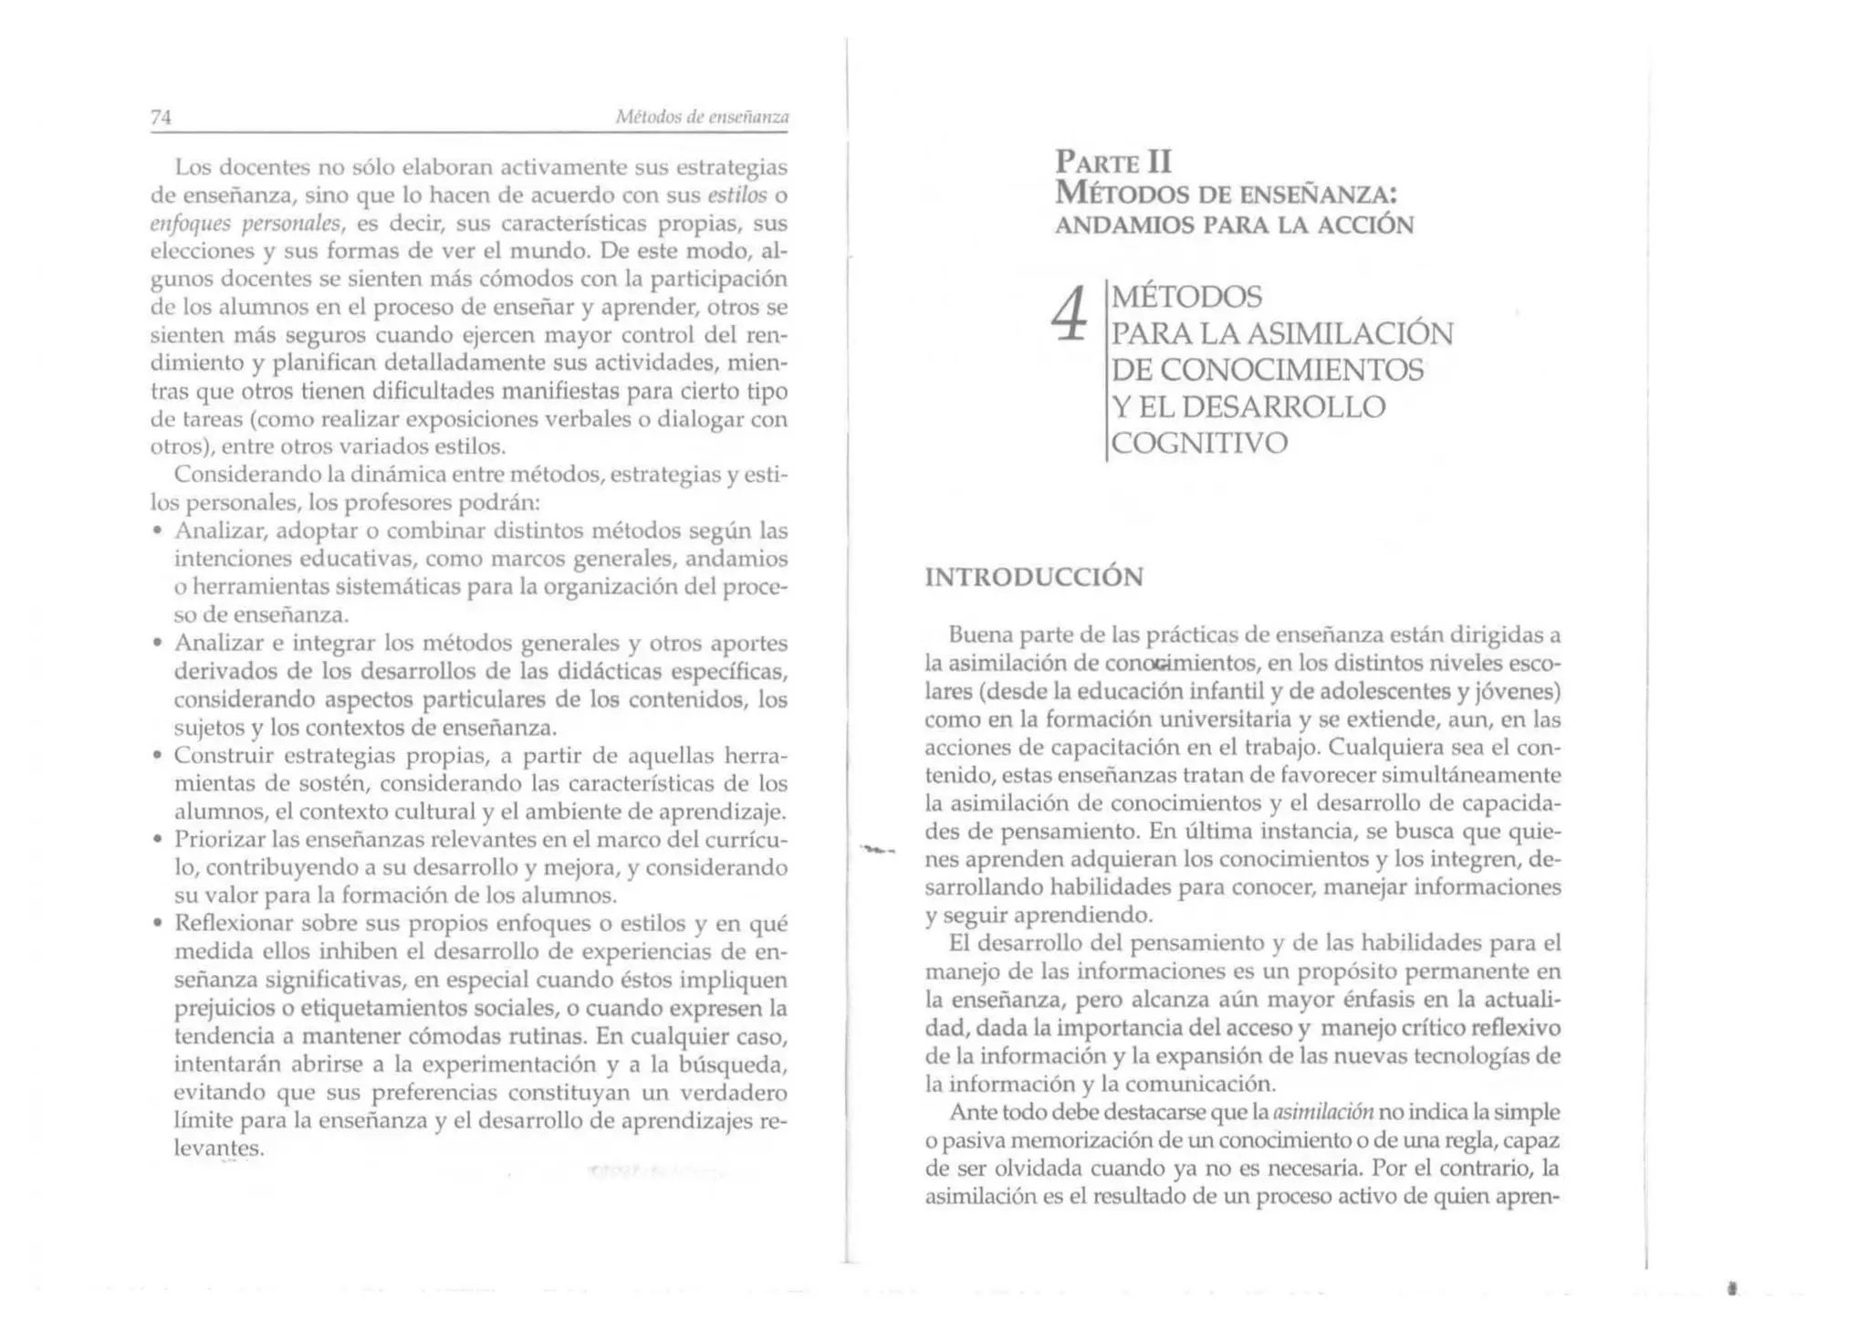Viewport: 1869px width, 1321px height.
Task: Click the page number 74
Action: click(x=161, y=117)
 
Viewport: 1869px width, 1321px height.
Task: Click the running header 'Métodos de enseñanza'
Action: click(x=701, y=117)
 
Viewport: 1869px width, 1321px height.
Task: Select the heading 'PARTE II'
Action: click(x=1112, y=162)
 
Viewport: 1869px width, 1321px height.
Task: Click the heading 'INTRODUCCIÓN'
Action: click(x=1033, y=577)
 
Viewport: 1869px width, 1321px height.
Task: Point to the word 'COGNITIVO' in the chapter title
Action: click(x=1199, y=443)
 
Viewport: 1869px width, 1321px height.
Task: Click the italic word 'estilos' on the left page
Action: click(x=736, y=195)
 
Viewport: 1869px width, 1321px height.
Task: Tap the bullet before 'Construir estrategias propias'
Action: click(x=158, y=757)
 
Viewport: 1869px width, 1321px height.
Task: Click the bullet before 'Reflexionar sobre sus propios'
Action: click(x=158, y=924)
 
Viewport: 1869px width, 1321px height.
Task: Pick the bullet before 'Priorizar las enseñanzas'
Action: click(x=158, y=839)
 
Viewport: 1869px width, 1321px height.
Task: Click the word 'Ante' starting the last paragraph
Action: click(x=973, y=1112)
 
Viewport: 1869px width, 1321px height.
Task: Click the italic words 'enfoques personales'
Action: click(x=245, y=224)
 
